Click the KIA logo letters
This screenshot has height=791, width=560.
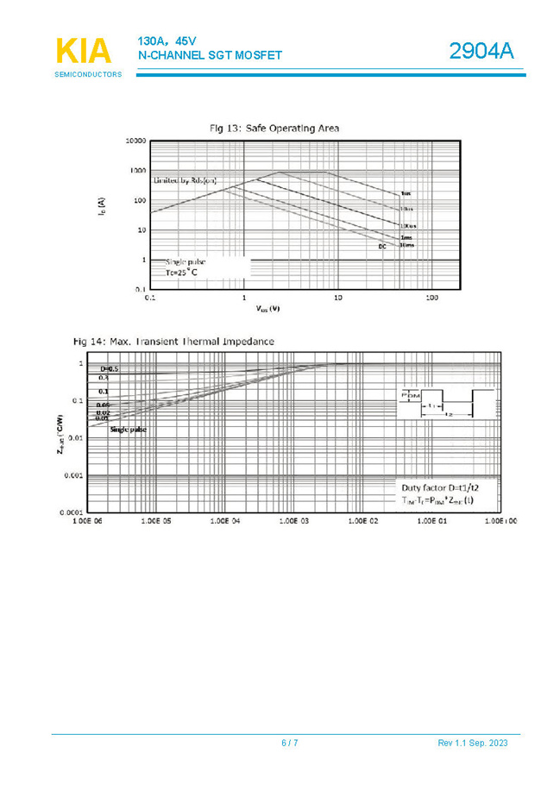pyautogui.click(x=84, y=52)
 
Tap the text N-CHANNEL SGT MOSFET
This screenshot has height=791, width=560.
pyautogui.click(x=210, y=55)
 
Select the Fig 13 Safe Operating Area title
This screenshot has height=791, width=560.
pyautogui.click(x=274, y=128)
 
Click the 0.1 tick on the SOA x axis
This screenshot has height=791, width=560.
pyautogui.click(x=150, y=298)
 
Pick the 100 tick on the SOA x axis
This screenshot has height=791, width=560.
pyautogui.click(x=431, y=298)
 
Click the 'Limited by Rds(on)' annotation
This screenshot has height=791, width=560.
pyautogui.click(x=185, y=181)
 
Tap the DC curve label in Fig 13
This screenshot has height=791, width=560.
pyautogui.click(x=381, y=248)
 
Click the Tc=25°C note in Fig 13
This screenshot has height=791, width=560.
pyautogui.click(x=181, y=273)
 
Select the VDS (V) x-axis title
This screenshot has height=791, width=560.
pyautogui.click(x=267, y=308)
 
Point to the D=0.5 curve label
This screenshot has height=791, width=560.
pyautogui.click(x=109, y=369)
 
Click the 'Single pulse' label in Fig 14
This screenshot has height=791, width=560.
pyautogui.click(x=128, y=429)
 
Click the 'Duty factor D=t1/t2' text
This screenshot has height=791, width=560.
pyautogui.click(x=437, y=488)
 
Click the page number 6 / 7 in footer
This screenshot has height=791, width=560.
pyautogui.click(x=290, y=744)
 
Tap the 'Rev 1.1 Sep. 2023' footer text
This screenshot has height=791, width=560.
pyautogui.click(x=472, y=744)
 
